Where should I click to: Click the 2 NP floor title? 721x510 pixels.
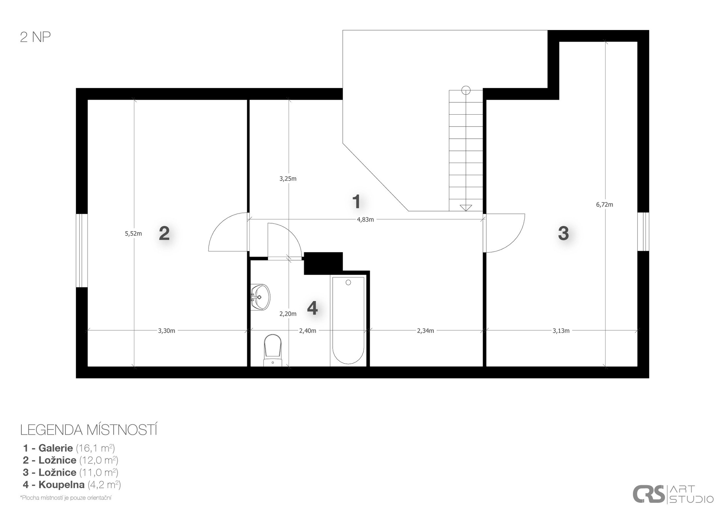pos(35,37)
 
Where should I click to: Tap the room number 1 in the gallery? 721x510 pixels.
pos(356,201)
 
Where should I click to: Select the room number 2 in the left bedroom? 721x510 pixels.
pos(164,233)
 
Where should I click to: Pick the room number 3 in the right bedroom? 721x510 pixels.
pos(563,233)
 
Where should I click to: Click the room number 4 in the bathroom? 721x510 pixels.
pos(312,308)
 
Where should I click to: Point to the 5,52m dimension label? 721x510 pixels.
pos(133,234)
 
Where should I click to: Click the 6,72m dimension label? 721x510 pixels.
pos(605,205)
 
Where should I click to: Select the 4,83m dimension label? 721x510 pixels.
pos(365,220)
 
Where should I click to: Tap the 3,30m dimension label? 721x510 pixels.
pos(166,331)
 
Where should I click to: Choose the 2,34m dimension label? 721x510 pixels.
pos(425,331)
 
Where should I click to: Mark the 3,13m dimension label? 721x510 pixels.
pos(561,331)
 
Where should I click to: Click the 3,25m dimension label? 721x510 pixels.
pos(288,179)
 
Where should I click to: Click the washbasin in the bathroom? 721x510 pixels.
pos(260,297)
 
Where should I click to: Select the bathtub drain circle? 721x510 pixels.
pos(348,283)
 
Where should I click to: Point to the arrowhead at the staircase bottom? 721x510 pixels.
pos(466,207)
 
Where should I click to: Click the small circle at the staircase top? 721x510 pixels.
pos(466,90)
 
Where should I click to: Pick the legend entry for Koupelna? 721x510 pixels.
pos(72,485)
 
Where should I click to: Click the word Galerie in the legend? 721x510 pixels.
pos(56,448)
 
